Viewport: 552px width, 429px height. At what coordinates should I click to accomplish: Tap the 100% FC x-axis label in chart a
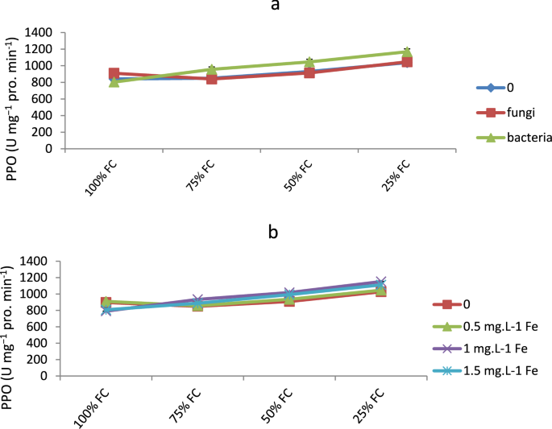102,175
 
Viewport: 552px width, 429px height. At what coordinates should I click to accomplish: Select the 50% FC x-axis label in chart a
297,175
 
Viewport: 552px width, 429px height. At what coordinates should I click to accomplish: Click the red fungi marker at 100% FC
114,73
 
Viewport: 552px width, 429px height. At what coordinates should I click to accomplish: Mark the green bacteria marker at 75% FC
212,70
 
